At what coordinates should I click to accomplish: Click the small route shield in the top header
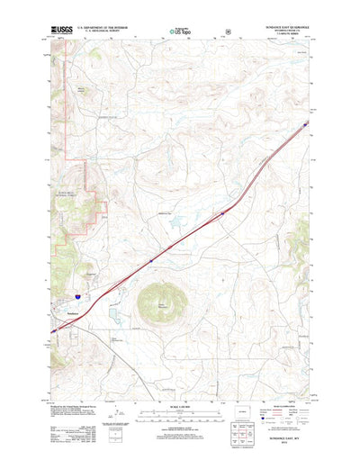coord(228,31)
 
